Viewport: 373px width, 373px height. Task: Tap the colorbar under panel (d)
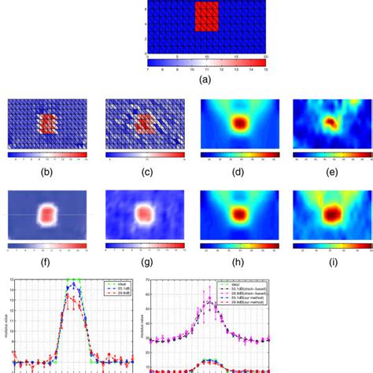pos(233,153)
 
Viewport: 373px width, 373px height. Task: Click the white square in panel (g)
pos(144,215)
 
